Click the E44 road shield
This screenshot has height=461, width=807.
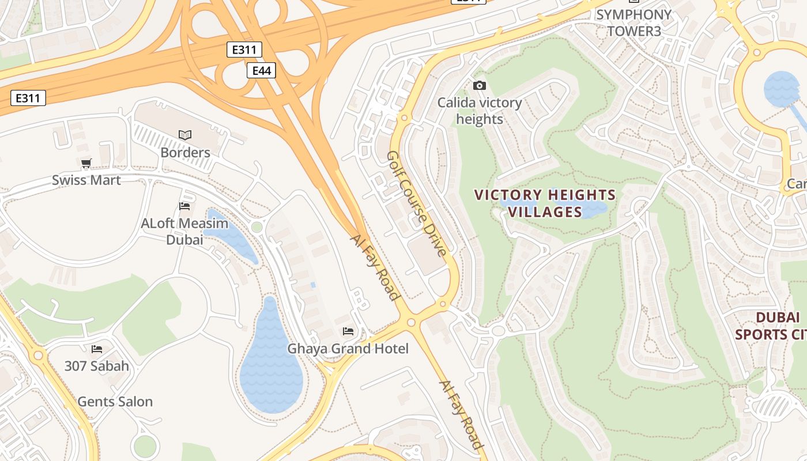click(261, 70)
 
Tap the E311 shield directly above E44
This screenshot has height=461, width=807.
click(244, 50)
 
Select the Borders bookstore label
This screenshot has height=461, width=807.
click(185, 153)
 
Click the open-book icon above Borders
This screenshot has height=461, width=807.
click(185, 135)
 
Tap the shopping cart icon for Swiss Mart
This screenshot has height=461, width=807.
click(86, 163)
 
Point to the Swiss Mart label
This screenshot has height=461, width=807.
click(86, 180)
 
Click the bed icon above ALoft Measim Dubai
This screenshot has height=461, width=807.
click(184, 206)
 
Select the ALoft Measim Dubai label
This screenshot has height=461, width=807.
click(184, 231)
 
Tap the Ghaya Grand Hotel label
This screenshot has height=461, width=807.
click(348, 349)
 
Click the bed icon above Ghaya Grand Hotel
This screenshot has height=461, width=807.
click(348, 331)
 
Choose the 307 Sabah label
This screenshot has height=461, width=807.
click(96, 366)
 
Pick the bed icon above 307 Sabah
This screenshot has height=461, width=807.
click(96, 349)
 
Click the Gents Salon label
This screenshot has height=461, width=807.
click(115, 402)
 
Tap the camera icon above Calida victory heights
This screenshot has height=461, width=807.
click(479, 86)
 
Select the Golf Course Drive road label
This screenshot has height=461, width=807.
click(417, 203)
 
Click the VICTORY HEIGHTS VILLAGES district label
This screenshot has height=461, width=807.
click(545, 203)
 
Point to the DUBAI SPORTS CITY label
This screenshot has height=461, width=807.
click(770, 326)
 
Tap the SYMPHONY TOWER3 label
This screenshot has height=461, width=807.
click(633, 22)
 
